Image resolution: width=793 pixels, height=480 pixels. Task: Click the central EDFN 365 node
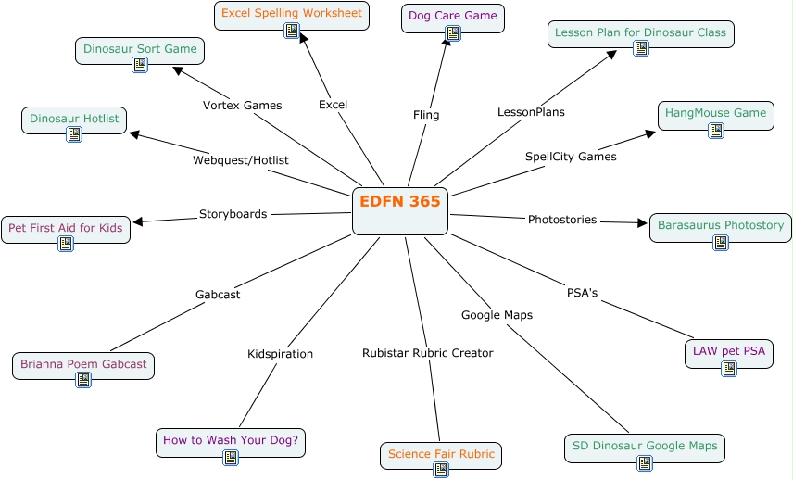tap(400, 210)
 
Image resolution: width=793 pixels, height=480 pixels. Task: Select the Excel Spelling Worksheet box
tap(291, 15)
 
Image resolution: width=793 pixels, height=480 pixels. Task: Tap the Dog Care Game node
tap(453, 17)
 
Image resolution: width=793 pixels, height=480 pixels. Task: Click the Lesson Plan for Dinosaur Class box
tap(640, 33)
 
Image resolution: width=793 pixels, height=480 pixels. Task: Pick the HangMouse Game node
tap(716, 114)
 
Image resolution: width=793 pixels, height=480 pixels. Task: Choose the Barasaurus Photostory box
tap(720, 226)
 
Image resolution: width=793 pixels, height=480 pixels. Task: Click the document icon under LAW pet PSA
tap(729, 369)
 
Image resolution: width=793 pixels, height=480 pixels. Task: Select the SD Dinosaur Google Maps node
tap(644, 447)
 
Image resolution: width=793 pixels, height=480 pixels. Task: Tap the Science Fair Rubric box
tap(441, 455)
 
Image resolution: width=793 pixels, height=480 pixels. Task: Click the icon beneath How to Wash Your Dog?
tap(231, 457)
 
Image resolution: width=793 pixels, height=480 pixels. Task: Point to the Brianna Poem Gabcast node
tap(83, 365)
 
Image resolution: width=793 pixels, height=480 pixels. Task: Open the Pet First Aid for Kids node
tap(66, 228)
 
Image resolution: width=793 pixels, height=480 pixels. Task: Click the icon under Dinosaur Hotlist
tap(74, 134)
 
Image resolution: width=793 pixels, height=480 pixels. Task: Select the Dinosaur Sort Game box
tap(139, 49)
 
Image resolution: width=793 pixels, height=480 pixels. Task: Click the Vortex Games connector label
tap(242, 106)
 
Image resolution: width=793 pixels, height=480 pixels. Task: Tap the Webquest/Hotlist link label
tap(240, 160)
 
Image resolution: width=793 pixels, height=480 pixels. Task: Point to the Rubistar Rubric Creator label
tap(427, 353)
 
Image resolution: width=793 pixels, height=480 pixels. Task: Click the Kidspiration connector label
tap(280, 354)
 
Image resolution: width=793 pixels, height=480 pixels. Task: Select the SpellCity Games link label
tap(571, 157)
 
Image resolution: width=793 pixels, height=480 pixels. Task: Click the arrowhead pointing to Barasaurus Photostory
tap(642, 222)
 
